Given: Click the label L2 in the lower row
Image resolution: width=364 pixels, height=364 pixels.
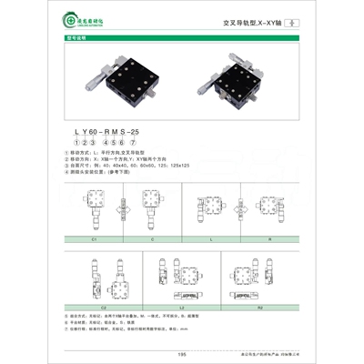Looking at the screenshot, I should (207, 308).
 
